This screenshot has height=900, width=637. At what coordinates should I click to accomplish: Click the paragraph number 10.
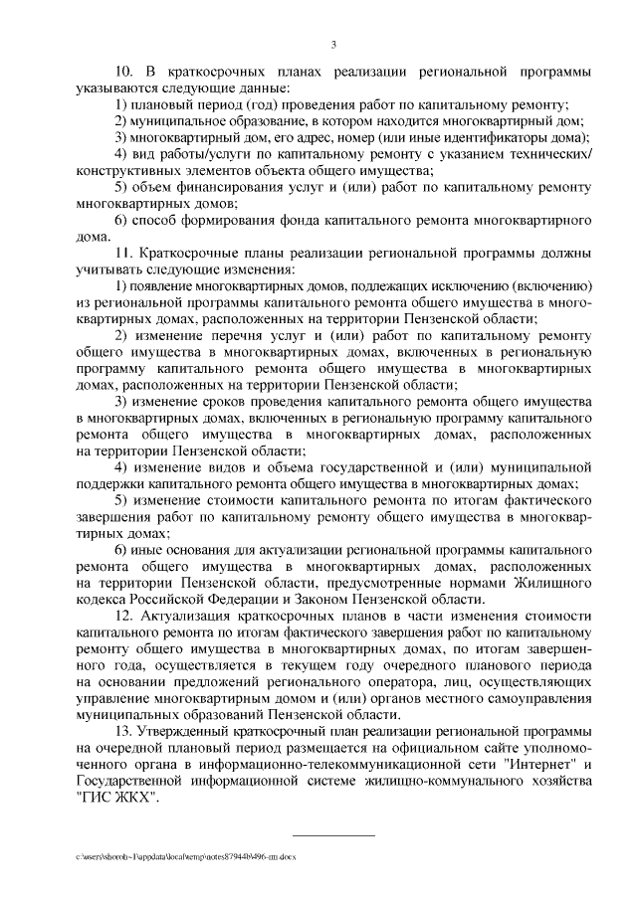point(123,73)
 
